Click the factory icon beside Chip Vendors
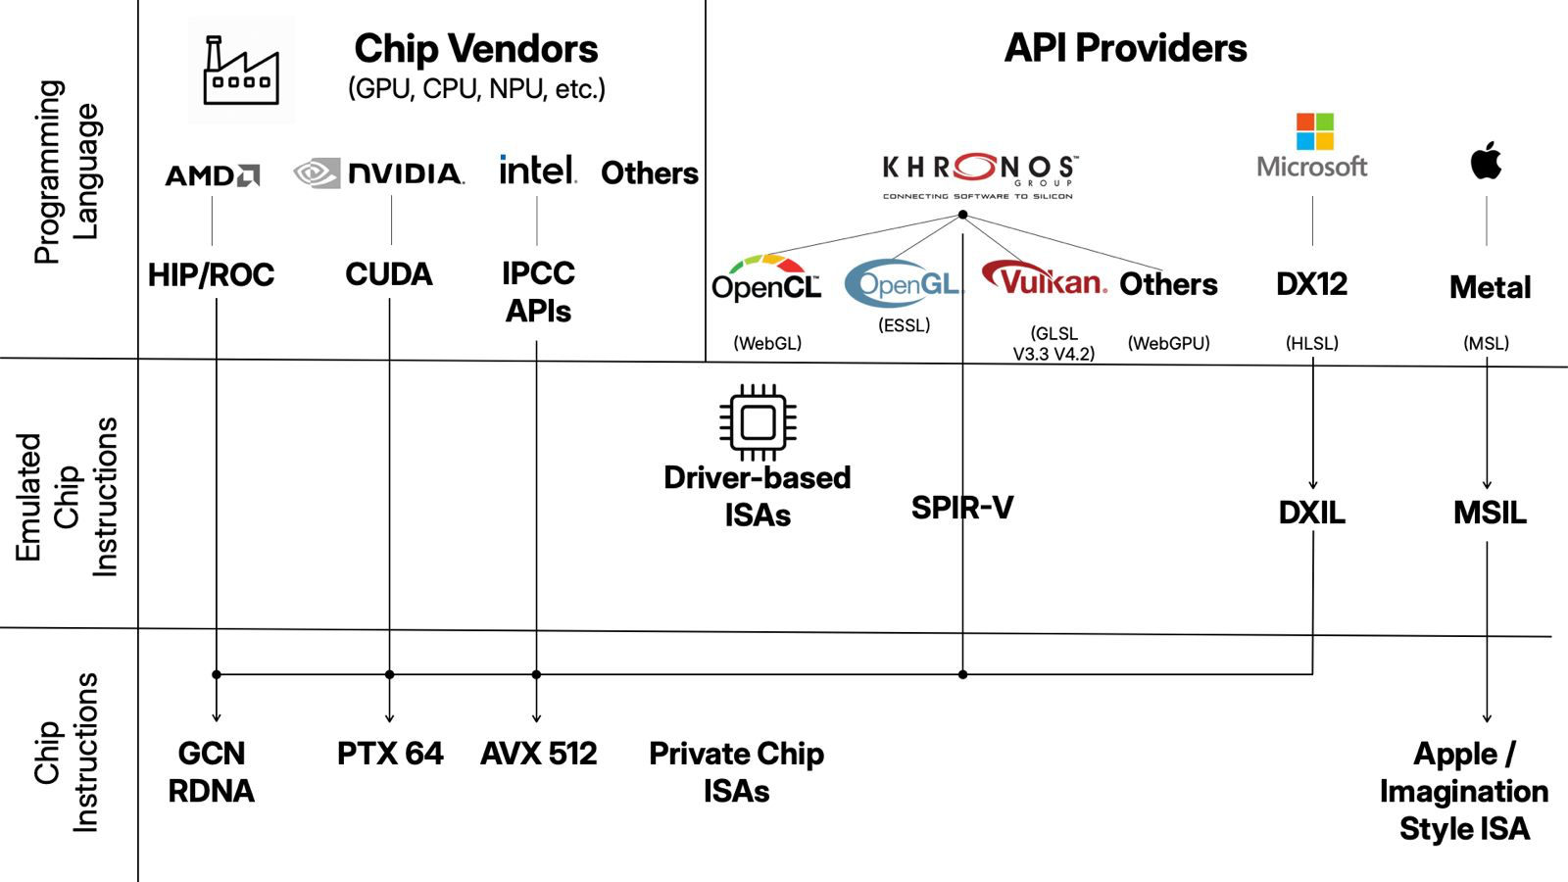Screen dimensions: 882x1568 241,71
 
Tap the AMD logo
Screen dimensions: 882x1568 212,175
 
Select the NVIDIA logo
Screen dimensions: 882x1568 379,173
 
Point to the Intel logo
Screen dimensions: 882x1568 537,171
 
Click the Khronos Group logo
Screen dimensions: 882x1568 979,174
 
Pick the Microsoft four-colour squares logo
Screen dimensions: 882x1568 1314,131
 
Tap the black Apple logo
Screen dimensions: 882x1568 1486,161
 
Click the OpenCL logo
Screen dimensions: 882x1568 766,278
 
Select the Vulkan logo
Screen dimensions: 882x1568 1045,279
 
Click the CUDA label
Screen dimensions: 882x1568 389,274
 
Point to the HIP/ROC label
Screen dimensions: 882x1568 212,275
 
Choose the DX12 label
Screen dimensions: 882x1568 1311,284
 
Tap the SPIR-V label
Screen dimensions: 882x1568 962,508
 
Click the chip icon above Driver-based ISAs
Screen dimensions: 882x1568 758,422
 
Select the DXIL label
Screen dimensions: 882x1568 1311,513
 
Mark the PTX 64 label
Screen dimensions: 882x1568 390,754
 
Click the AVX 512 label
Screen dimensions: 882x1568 538,754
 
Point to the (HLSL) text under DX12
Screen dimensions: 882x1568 1311,343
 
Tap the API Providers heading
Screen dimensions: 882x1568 1125,48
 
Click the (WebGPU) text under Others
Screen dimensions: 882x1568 1168,343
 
